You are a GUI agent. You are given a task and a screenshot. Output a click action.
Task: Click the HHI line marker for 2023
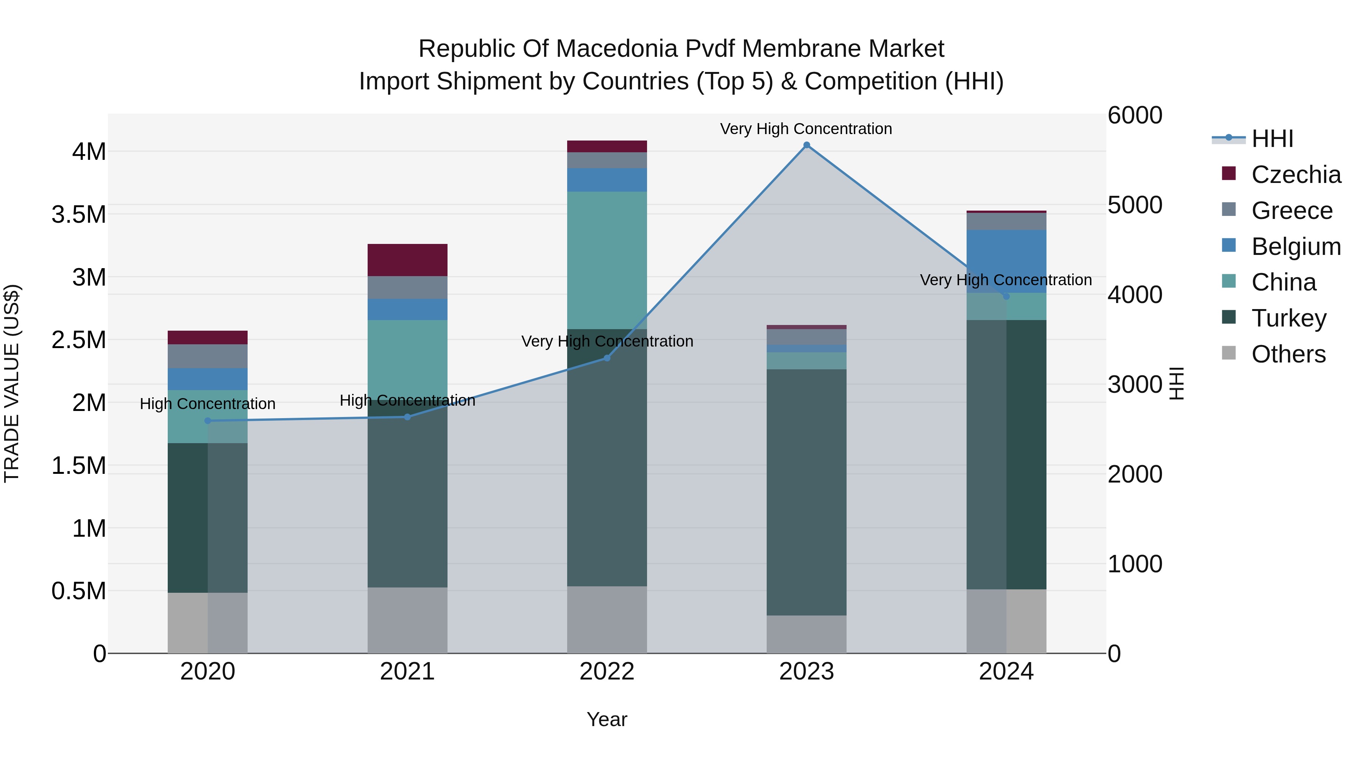coord(806,145)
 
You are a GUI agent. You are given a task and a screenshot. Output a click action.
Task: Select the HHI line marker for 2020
coord(207,421)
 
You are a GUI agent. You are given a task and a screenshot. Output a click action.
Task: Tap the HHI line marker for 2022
coord(607,358)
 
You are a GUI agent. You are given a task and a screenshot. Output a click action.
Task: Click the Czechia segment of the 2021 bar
coord(407,260)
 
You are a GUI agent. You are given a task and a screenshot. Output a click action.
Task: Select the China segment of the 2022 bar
coord(607,260)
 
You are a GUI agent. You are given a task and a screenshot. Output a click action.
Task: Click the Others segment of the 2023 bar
coord(806,634)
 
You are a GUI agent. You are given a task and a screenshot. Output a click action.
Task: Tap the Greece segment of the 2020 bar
coord(207,356)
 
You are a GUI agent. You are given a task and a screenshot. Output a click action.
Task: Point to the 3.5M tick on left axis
coord(79,215)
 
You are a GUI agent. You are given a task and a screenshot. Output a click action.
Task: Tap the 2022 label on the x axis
coord(607,672)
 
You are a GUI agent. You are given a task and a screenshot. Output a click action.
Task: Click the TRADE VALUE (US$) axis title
coord(12,383)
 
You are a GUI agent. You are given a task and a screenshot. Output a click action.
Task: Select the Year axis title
coord(607,719)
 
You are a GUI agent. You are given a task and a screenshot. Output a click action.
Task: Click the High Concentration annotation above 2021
coord(407,400)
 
